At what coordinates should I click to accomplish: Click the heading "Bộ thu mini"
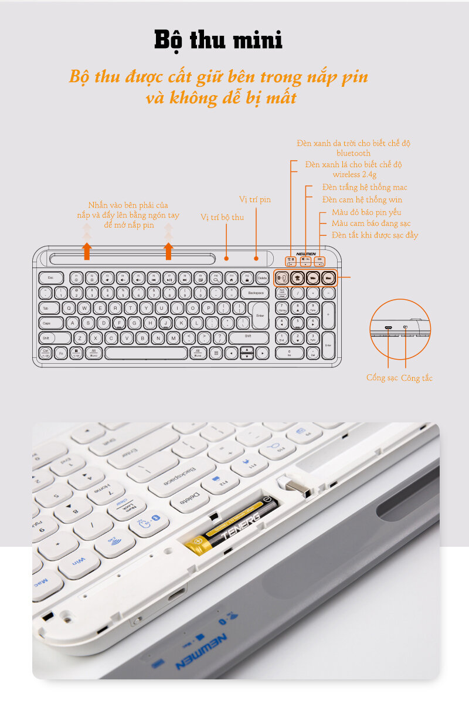click(x=218, y=40)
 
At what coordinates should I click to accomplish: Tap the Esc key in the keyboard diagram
click(x=51, y=278)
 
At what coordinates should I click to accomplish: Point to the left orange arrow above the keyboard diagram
click(x=87, y=251)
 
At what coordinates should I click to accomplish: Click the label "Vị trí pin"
click(x=255, y=199)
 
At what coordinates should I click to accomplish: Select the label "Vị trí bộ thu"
click(x=222, y=217)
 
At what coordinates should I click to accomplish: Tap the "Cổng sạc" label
click(x=382, y=378)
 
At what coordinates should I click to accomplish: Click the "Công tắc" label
click(x=417, y=378)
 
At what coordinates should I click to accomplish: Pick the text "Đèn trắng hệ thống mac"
click(x=364, y=187)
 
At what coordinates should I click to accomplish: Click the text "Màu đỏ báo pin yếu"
click(x=366, y=212)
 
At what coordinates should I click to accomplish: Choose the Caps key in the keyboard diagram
click(x=51, y=323)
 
